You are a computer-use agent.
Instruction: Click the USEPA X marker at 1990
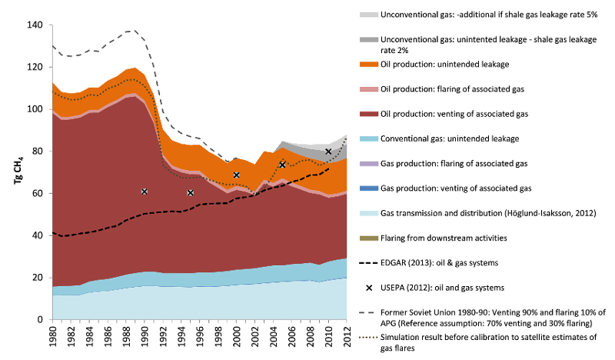point(145,191)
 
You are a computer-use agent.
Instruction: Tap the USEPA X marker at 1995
point(190,192)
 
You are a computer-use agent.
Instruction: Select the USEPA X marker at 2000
point(236,175)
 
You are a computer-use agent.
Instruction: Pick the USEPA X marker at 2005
point(282,165)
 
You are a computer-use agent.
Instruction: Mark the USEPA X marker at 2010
point(328,152)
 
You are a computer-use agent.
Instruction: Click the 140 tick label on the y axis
point(34,25)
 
